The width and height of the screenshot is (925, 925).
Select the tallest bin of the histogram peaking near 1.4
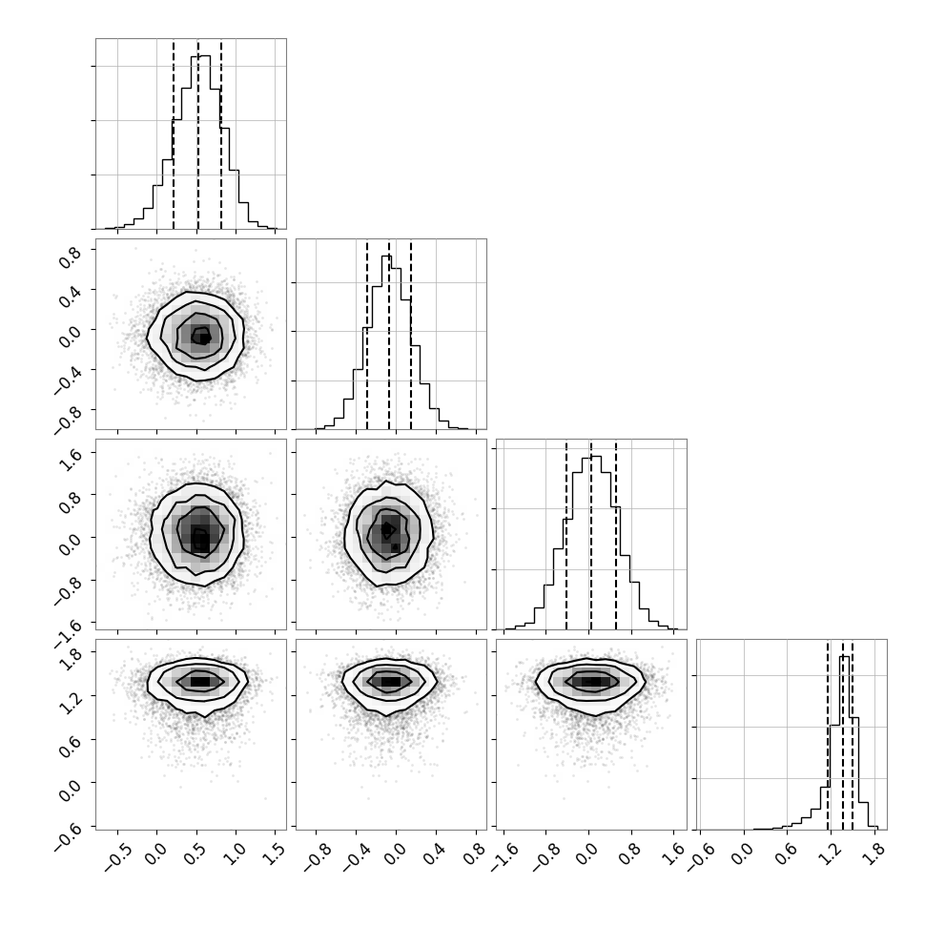pos(844,743)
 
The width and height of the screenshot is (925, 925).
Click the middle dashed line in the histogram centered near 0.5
pos(198,134)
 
